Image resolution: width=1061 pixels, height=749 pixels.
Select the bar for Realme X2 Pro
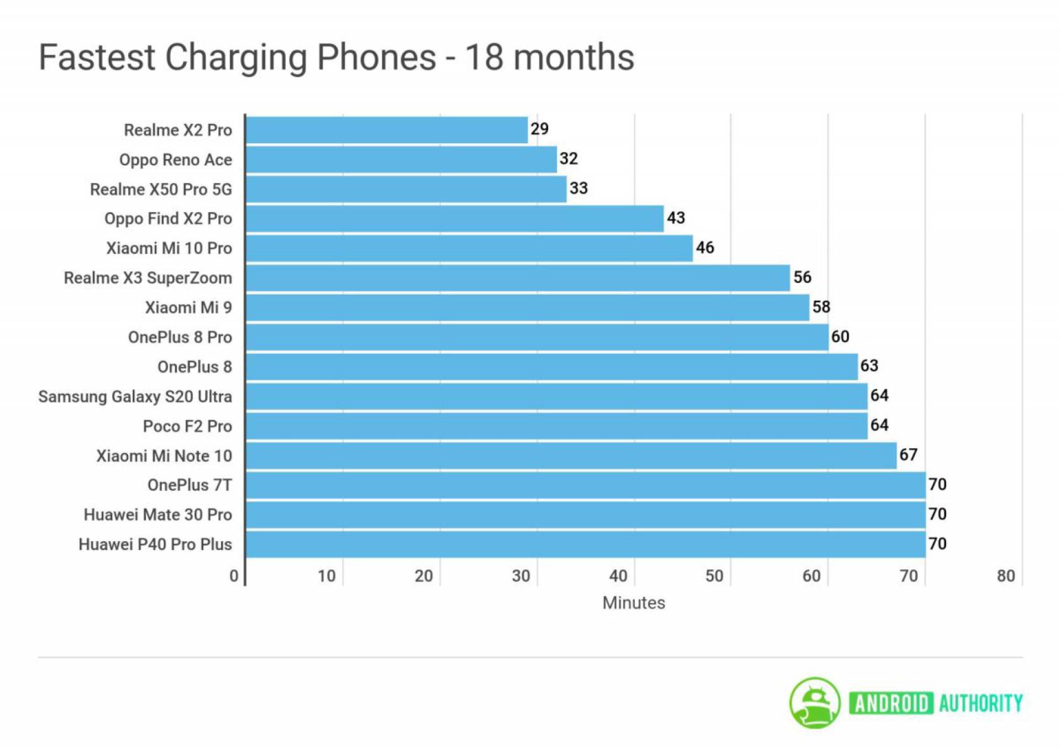pyautogui.click(x=387, y=130)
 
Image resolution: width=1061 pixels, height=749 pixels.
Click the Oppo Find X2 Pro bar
pyautogui.click(x=454, y=219)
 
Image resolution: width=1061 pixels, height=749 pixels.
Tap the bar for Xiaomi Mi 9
pyautogui.click(x=528, y=307)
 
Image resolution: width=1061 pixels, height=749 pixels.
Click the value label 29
pyautogui.click(x=539, y=129)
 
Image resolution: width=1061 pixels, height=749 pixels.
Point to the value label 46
pyautogui.click(x=705, y=248)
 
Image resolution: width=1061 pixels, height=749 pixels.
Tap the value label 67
pyautogui.click(x=908, y=455)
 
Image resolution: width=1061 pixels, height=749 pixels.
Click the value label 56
pyautogui.click(x=802, y=277)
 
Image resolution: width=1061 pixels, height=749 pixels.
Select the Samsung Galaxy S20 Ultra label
pyautogui.click(x=135, y=397)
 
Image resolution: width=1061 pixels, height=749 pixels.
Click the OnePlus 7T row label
pyautogui.click(x=190, y=485)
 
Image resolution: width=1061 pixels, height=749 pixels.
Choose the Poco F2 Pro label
pyautogui.click(x=187, y=426)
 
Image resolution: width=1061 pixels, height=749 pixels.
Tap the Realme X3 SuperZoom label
pyautogui.click(x=148, y=278)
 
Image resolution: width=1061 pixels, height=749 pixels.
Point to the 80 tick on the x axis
pyautogui.click(x=1006, y=576)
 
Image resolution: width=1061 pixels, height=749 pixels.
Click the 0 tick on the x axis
pyautogui.click(x=234, y=576)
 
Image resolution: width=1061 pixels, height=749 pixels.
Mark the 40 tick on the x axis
pyautogui.click(x=618, y=576)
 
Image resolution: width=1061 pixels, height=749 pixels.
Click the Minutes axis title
pyautogui.click(x=633, y=603)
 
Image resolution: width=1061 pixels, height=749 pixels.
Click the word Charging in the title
pyautogui.click(x=236, y=58)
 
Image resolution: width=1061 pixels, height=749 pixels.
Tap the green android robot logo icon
pyautogui.click(x=815, y=703)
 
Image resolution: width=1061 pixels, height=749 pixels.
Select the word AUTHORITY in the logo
pyautogui.click(x=980, y=704)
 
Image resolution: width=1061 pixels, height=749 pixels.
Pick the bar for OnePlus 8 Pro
pyautogui.click(x=537, y=337)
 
